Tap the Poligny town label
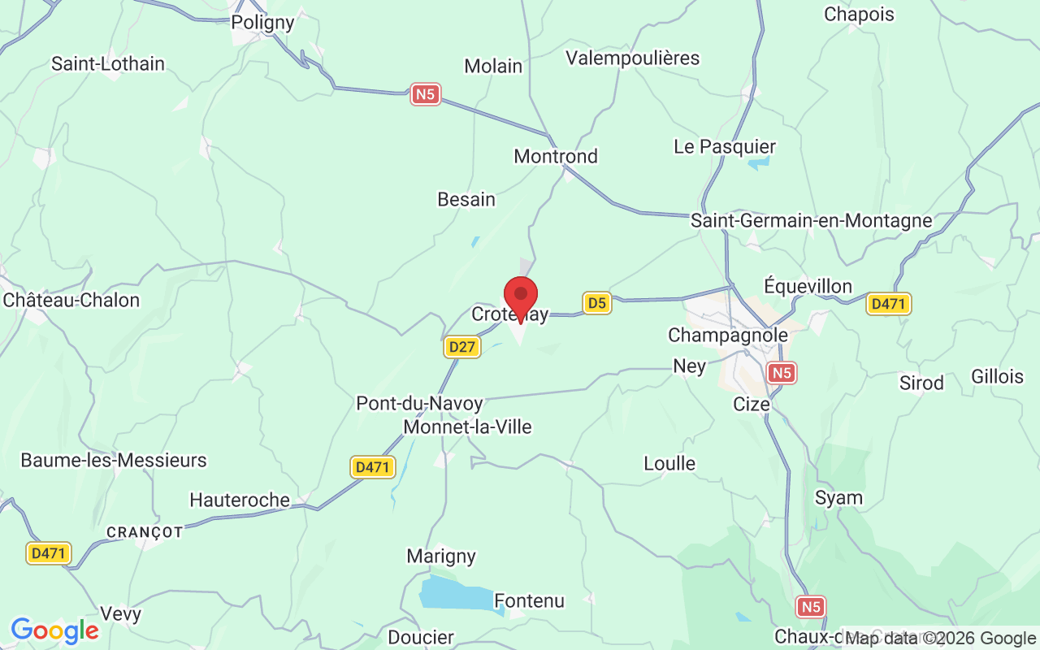coord(262,23)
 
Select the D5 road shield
coord(597,303)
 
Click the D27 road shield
coord(462,347)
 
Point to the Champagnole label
coord(728,336)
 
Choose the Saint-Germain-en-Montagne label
coord(811,220)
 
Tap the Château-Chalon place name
coord(71,300)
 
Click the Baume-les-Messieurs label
coord(114,461)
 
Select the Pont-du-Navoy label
coord(419,404)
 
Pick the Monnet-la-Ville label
coord(467,427)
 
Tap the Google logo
coord(54,630)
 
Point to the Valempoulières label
coord(633,58)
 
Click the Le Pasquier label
coord(725,147)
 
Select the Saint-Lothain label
coord(108,63)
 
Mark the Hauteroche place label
coord(240,500)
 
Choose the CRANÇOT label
coord(145,532)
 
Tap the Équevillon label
coord(808,286)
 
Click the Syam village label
coord(838,498)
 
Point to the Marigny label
coord(441,557)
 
